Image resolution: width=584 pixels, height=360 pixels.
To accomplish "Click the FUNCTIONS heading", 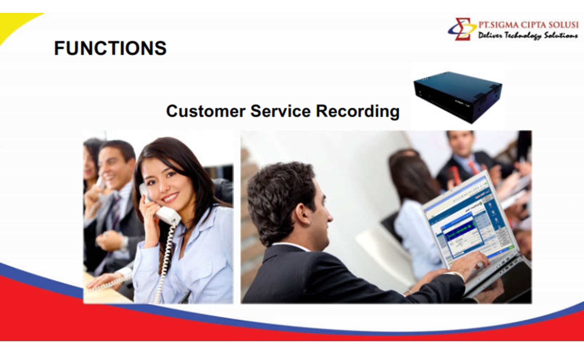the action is coord(110,48).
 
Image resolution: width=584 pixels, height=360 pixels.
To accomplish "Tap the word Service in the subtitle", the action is coord(281,111).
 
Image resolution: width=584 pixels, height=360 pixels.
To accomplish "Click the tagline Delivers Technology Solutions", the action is coord(528,35).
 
